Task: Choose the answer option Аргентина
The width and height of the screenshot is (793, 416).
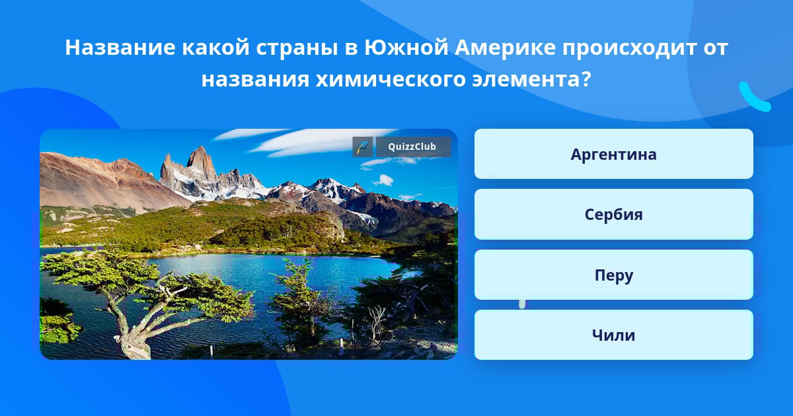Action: (613, 154)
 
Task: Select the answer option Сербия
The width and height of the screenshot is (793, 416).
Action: (613, 215)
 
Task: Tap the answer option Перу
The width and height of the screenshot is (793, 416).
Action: (613, 275)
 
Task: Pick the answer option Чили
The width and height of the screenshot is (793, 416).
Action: (613, 335)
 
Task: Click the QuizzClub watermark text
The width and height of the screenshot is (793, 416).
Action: (412, 147)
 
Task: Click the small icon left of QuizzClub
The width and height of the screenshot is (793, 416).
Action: (363, 147)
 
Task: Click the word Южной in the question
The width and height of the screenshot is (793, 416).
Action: (406, 47)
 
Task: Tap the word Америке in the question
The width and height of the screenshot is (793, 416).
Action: (505, 48)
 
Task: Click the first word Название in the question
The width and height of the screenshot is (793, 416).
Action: (120, 48)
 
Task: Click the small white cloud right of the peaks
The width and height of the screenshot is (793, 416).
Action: (383, 180)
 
